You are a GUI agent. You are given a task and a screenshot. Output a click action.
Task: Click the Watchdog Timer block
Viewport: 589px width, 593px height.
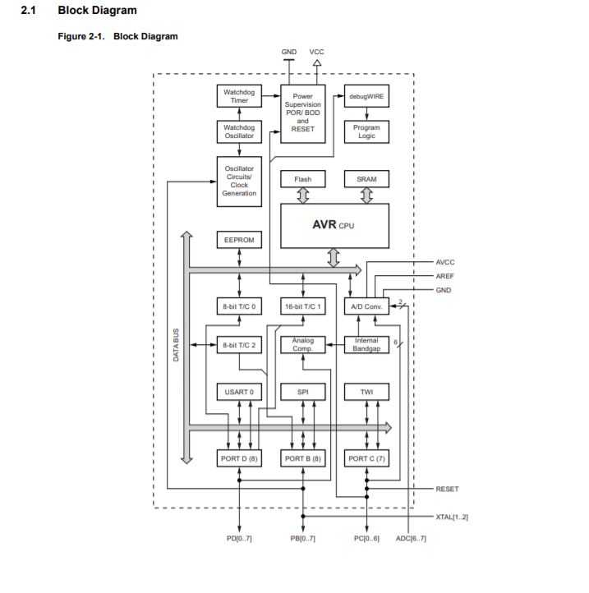coord(239,96)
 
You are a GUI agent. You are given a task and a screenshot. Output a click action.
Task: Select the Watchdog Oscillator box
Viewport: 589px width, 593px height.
coord(239,131)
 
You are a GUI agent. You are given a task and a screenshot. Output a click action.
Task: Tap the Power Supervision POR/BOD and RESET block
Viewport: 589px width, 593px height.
coord(302,113)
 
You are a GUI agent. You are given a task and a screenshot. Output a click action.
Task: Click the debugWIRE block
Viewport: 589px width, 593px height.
coord(366,96)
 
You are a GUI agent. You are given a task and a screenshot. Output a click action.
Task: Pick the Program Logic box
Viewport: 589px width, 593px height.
coord(366,131)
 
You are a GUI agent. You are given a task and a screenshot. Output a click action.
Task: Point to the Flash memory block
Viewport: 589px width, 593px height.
coord(302,179)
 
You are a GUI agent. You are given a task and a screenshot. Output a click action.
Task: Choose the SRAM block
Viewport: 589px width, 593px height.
coord(366,179)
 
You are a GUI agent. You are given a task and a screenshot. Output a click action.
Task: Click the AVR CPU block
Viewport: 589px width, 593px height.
coord(334,225)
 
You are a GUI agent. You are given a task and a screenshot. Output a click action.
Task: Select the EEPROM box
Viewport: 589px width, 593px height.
coord(239,241)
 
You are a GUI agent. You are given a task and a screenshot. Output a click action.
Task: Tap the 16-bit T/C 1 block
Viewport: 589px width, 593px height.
coord(302,306)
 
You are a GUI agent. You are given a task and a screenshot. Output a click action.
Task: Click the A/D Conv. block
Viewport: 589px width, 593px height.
coord(366,306)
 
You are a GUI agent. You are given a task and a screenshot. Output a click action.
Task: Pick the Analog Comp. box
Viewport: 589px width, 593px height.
coord(302,345)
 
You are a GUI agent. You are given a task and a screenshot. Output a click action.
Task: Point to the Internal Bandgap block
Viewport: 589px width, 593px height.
coord(366,345)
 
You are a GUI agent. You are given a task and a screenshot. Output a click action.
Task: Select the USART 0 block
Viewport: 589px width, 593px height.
coord(239,393)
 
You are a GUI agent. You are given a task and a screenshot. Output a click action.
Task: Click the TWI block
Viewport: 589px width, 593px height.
coord(366,393)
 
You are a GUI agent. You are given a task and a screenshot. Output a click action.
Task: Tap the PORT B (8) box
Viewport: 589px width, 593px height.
coord(302,458)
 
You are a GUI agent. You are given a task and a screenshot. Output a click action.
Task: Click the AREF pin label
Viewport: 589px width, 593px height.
coord(444,276)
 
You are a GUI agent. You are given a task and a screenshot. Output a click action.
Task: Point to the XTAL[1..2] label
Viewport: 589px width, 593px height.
coord(451,517)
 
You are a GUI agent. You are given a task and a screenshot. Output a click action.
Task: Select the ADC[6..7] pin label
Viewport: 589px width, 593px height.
coord(411,538)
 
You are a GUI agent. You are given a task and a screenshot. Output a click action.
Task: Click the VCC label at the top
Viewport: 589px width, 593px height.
coord(317,52)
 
